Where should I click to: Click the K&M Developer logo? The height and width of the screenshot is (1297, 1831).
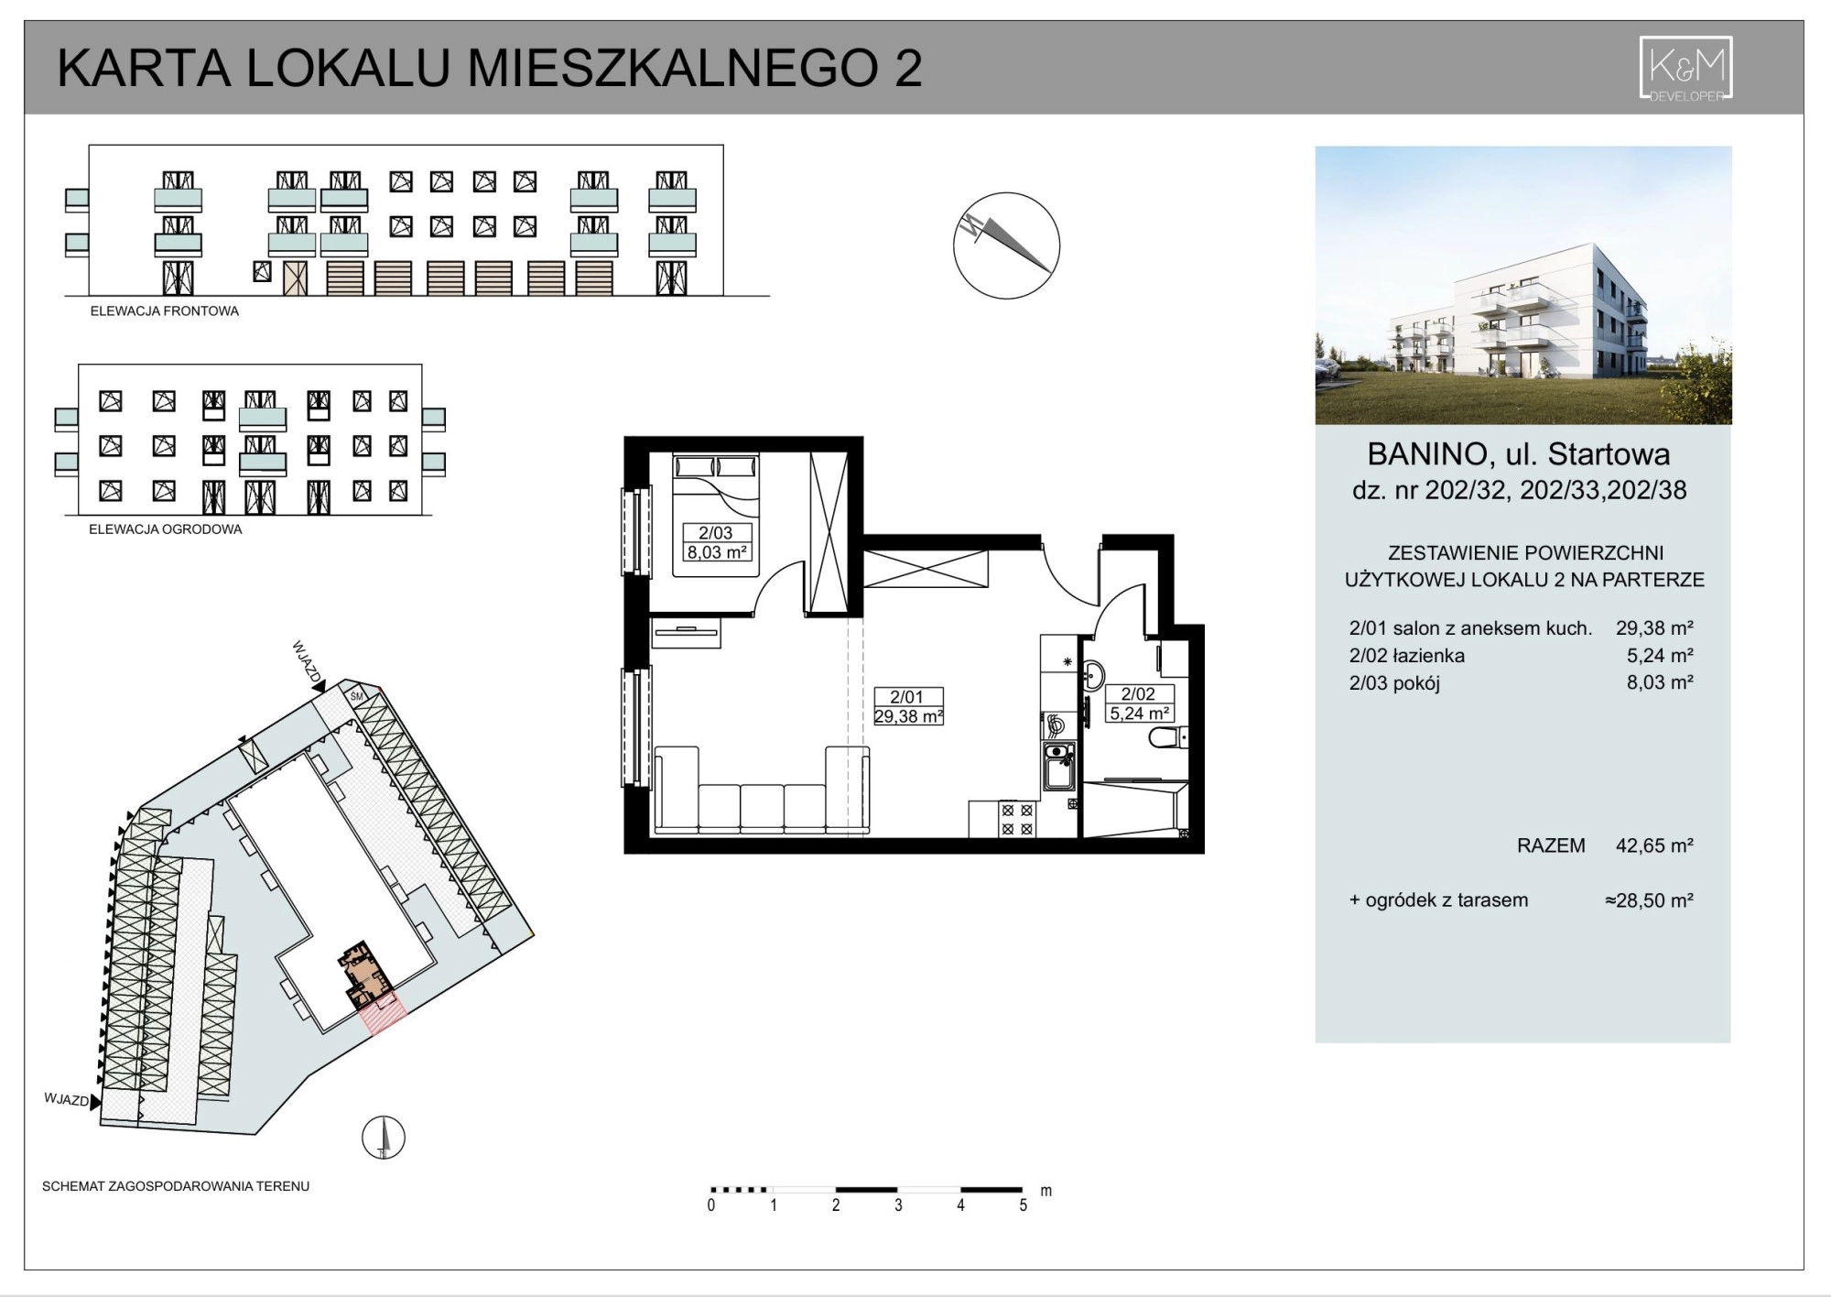pos(1685,69)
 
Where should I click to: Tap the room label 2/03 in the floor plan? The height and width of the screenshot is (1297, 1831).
pos(716,533)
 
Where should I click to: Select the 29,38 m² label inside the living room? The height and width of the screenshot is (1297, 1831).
pos(908,716)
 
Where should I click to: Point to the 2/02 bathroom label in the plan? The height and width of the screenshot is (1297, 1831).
pos(1138,694)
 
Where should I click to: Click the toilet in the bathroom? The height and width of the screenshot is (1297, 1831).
pos(1169,736)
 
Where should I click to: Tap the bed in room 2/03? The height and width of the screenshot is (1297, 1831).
pos(716,515)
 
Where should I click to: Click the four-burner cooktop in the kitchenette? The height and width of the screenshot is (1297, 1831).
pos(1016,819)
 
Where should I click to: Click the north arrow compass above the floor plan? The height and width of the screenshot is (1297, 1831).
pos(1006,245)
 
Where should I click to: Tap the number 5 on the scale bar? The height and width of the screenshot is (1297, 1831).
pos(1023,1205)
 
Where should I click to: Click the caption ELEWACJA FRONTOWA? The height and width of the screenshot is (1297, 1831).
pos(165,311)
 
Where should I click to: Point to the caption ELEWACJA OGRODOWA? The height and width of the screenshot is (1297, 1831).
pos(166,529)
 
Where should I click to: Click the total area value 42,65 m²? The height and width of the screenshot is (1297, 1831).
pos(1654,845)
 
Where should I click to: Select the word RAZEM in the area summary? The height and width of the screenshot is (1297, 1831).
pos(1551,845)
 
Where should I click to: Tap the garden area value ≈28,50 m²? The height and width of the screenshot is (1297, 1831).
pos(1649,900)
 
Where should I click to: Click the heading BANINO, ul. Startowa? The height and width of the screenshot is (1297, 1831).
pos(1518,454)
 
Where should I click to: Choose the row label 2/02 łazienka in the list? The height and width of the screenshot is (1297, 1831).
pos(1406,656)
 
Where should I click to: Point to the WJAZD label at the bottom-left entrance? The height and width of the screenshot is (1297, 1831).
pos(67,1099)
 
